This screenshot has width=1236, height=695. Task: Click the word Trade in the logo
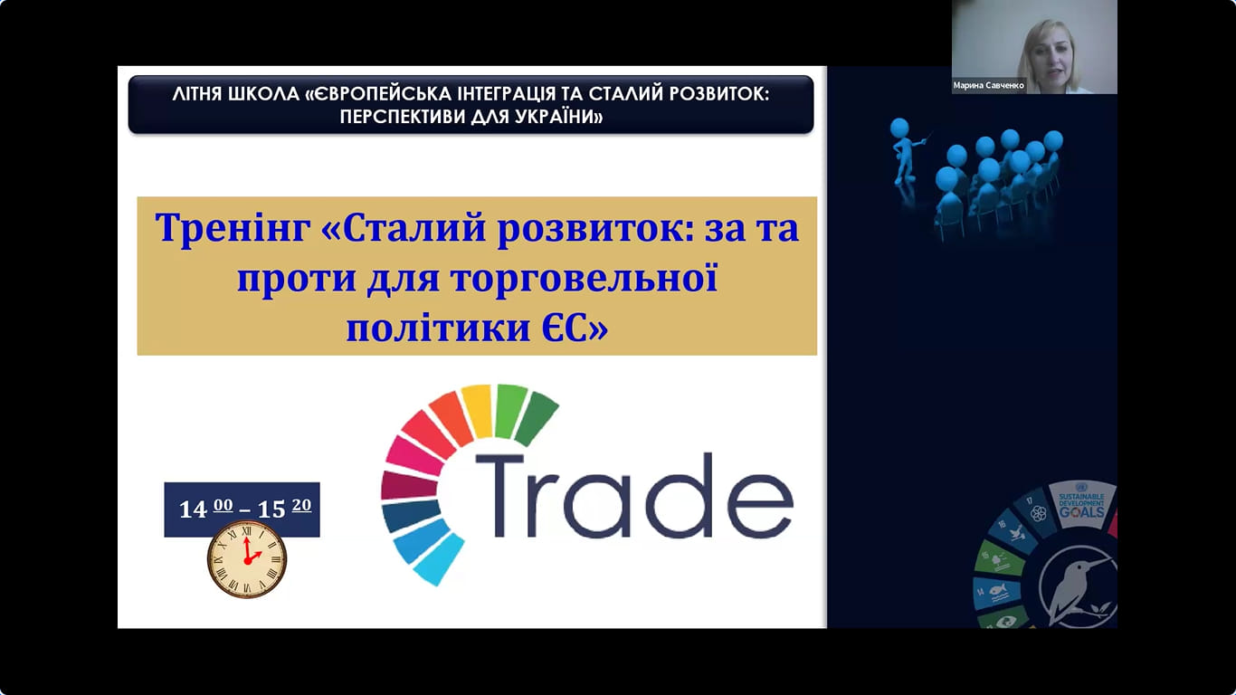click(x=634, y=495)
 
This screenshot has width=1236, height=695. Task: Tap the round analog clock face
click(x=247, y=559)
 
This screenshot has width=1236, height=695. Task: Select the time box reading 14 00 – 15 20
click(x=242, y=509)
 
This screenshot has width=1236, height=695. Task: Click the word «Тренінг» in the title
click(x=233, y=227)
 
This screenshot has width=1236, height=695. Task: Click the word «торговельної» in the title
click(x=585, y=278)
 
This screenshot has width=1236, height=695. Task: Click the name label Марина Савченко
click(x=988, y=86)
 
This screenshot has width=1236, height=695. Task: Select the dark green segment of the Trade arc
click(x=536, y=418)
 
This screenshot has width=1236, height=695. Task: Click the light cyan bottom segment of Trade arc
click(x=439, y=559)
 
